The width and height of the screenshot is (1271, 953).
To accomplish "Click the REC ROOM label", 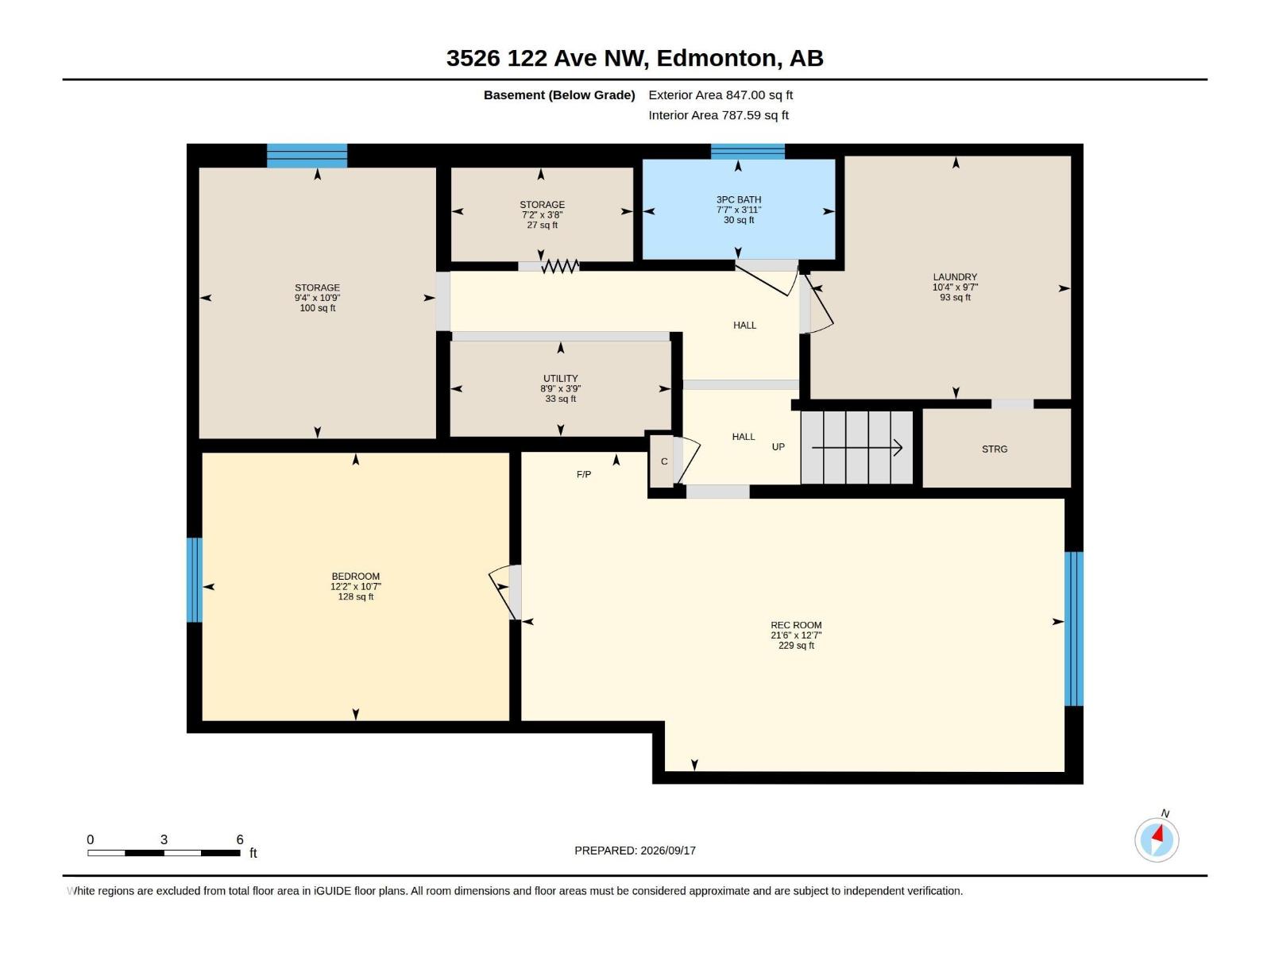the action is click(x=796, y=625).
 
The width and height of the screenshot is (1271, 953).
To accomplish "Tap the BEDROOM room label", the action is click(x=356, y=577).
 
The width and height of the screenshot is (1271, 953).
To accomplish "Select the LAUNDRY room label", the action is click(x=955, y=277).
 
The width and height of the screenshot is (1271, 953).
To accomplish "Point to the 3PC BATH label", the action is click(x=738, y=199).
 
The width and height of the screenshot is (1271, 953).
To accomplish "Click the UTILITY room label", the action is click(x=561, y=379).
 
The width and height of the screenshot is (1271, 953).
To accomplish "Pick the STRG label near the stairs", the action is click(x=995, y=449).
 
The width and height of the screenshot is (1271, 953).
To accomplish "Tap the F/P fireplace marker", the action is click(x=584, y=474).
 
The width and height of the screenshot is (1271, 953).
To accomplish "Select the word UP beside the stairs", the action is click(x=778, y=446).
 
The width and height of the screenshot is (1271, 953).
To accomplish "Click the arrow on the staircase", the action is click(x=857, y=447).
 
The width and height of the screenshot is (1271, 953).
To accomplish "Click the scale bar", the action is click(x=164, y=853).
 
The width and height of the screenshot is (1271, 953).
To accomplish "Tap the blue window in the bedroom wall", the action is click(x=195, y=580).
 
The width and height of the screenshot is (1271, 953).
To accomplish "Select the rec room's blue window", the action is click(x=1073, y=629).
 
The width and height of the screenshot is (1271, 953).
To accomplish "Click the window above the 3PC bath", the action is click(x=748, y=152).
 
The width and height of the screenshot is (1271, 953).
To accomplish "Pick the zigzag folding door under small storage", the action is click(x=560, y=266).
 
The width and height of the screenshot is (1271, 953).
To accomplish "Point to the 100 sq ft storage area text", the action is click(x=317, y=308).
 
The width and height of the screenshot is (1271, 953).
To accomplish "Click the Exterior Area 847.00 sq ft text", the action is click(x=720, y=95).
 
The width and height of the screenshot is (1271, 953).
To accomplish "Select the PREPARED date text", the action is click(x=635, y=851).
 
